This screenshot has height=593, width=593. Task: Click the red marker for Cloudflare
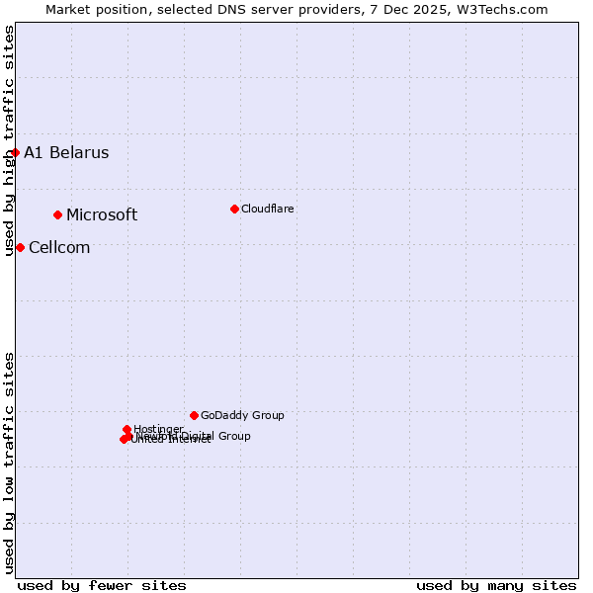click(x=234, y=209)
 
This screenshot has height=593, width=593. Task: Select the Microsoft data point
click(x=58, y=214)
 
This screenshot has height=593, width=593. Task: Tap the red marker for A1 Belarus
click(x=16, y=152)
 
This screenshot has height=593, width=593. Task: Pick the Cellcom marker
click(x=20, y=247)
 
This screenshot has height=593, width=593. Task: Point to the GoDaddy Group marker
click(x=194, y=415)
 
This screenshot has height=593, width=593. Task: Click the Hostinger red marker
click(x=127, y=429)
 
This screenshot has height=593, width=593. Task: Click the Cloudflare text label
click(x=267, y=209)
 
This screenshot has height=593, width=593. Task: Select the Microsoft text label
click(x=102, y=214)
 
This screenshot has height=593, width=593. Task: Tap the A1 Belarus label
click(x=66, y=152)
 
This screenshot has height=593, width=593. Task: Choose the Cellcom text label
click(x=59, y=247)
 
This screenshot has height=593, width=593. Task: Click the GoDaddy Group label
click(x=242, y=415)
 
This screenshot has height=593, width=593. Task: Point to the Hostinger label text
click(x=158, y=429)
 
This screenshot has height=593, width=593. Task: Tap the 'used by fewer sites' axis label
click(x=102, y=585)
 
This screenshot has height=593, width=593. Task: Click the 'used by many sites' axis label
click(x=496, y=585)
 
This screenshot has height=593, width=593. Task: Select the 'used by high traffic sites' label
click(x=9, y=140)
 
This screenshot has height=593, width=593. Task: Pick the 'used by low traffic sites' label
click(x=9, y=462)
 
